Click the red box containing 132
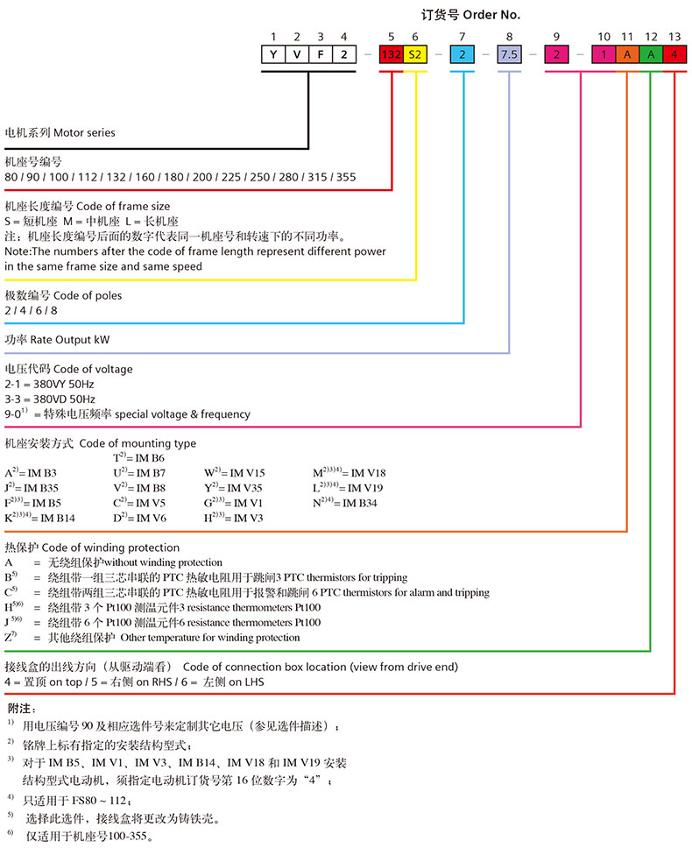tap(391, 54)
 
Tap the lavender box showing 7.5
tap(510, 54)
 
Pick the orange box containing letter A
tap(627, 54)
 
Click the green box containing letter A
tap(651, 54)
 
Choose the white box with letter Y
tap(273, 54)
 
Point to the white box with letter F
tap(321, 54)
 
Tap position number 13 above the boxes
tap(674, 37)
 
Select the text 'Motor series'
tap(84, 133)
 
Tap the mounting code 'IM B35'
tap(40, 487)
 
